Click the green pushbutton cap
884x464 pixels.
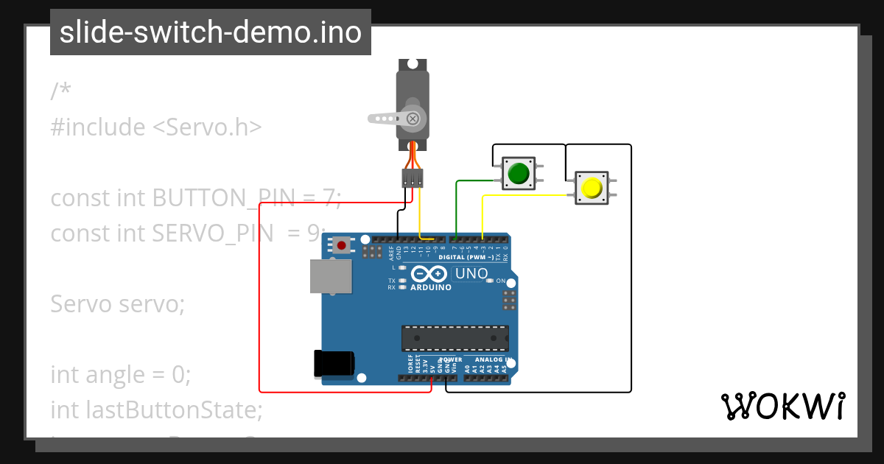pyautogui.click(x=519, y=174)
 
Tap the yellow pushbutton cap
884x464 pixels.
pyautogui.click(x=591, y=189)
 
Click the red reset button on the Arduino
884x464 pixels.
pyautogui.click(x=341, y=245)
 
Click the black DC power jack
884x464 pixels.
pyautogui.click(x=334, y=362)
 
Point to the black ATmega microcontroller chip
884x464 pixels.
pyautogui.click(x=455, y=337)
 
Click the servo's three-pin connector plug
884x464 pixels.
pyautogui.click(x=413, y=178)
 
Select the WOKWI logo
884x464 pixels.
pyautogui.click(x=782, y=406)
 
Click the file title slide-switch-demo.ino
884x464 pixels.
pyautogui.click(x=211, y=32)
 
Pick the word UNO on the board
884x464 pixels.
pyautogui.click(x=471, y=274)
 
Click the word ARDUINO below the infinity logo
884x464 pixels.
pyautogui.click(x=430, y=287)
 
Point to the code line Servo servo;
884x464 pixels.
pyautogui.click(x=118, y=303)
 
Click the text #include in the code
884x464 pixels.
pyautogui.click(x=98, y=127)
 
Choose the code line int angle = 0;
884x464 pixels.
pyautogui.click(x=121, y=374)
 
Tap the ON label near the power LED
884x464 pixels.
pyautogui.click(x=501, y=281)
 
